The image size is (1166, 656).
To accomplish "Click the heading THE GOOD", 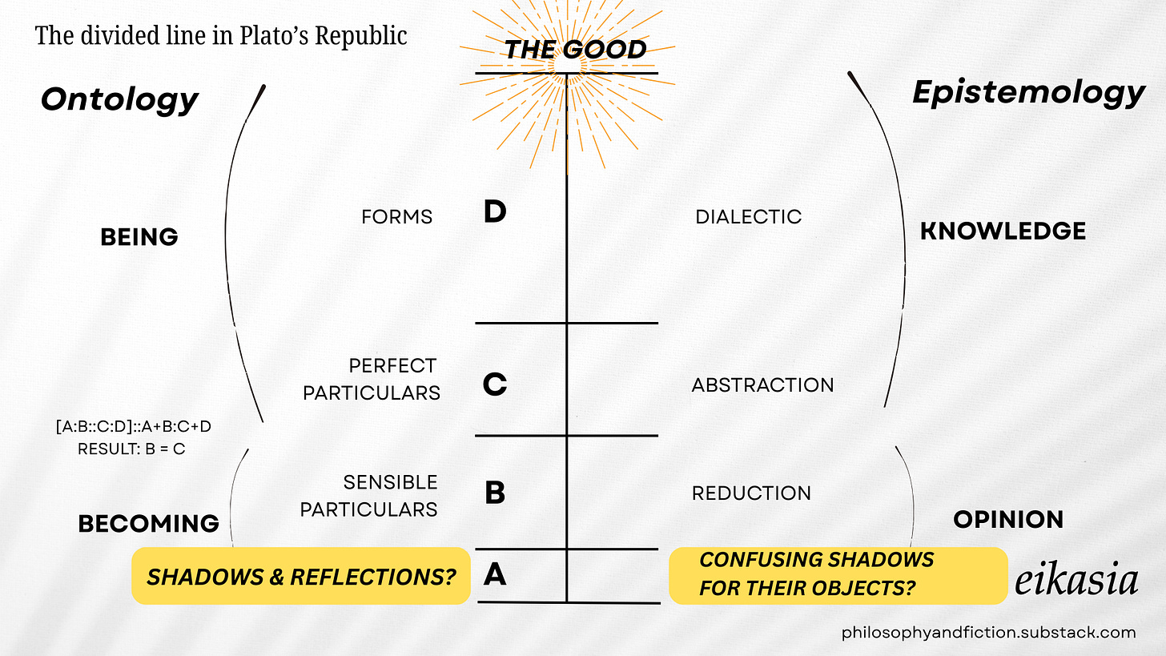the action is coord(575,50).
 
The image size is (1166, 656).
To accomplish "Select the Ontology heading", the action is coord(119,99).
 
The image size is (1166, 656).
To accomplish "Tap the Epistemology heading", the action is coord(1028,94).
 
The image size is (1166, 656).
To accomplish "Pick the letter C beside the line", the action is coord(495,384).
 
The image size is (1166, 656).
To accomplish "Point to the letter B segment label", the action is coord(495,493).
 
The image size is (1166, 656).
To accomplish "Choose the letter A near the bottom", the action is coord(495,573).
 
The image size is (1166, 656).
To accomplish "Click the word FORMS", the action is coord(396,217).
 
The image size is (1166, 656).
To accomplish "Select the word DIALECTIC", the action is coord(748,217).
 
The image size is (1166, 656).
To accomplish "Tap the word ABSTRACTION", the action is coord(762,385).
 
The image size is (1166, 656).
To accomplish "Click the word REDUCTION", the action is coord(751,493).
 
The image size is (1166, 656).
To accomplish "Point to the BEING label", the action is coord(139,237).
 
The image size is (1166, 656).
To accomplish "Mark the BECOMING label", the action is coord(148,524).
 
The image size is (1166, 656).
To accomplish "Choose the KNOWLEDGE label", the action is coord(1003,231).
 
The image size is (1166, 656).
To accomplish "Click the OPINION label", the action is coord(1008,520).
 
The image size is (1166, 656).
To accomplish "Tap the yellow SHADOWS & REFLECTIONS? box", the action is coord(300,576).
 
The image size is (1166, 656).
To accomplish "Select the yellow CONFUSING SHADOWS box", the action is coord(837,575).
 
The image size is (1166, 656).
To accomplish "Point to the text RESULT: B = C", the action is coord(131,449).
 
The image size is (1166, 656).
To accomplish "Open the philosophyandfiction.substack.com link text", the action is coord(988,633).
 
